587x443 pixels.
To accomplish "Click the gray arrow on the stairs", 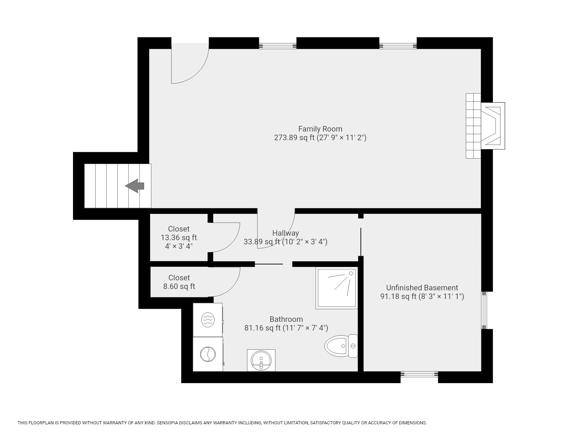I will [x=135, y=186].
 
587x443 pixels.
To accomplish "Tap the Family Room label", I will [x=320, y=129].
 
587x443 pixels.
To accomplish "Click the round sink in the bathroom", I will [x=261, y=360].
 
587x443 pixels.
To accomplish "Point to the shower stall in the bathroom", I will [x=336, y=288].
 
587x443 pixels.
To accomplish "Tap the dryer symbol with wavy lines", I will [x=208, y=320].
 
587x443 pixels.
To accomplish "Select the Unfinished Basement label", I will [x=422, y=288].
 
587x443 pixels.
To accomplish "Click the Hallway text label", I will [x=286, y=233].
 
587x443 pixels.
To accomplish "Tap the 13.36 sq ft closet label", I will [x=179, y=237].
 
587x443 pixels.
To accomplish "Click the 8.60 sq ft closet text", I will [x=179, y=287].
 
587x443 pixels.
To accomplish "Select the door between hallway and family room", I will [x=276, y=228].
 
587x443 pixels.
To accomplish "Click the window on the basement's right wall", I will [x=485, y=310].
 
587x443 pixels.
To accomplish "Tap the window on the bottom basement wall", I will [x=419, y=374].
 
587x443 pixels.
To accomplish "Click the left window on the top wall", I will [x=278, y=46].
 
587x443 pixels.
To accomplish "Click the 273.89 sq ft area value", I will [x=294, y=137].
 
